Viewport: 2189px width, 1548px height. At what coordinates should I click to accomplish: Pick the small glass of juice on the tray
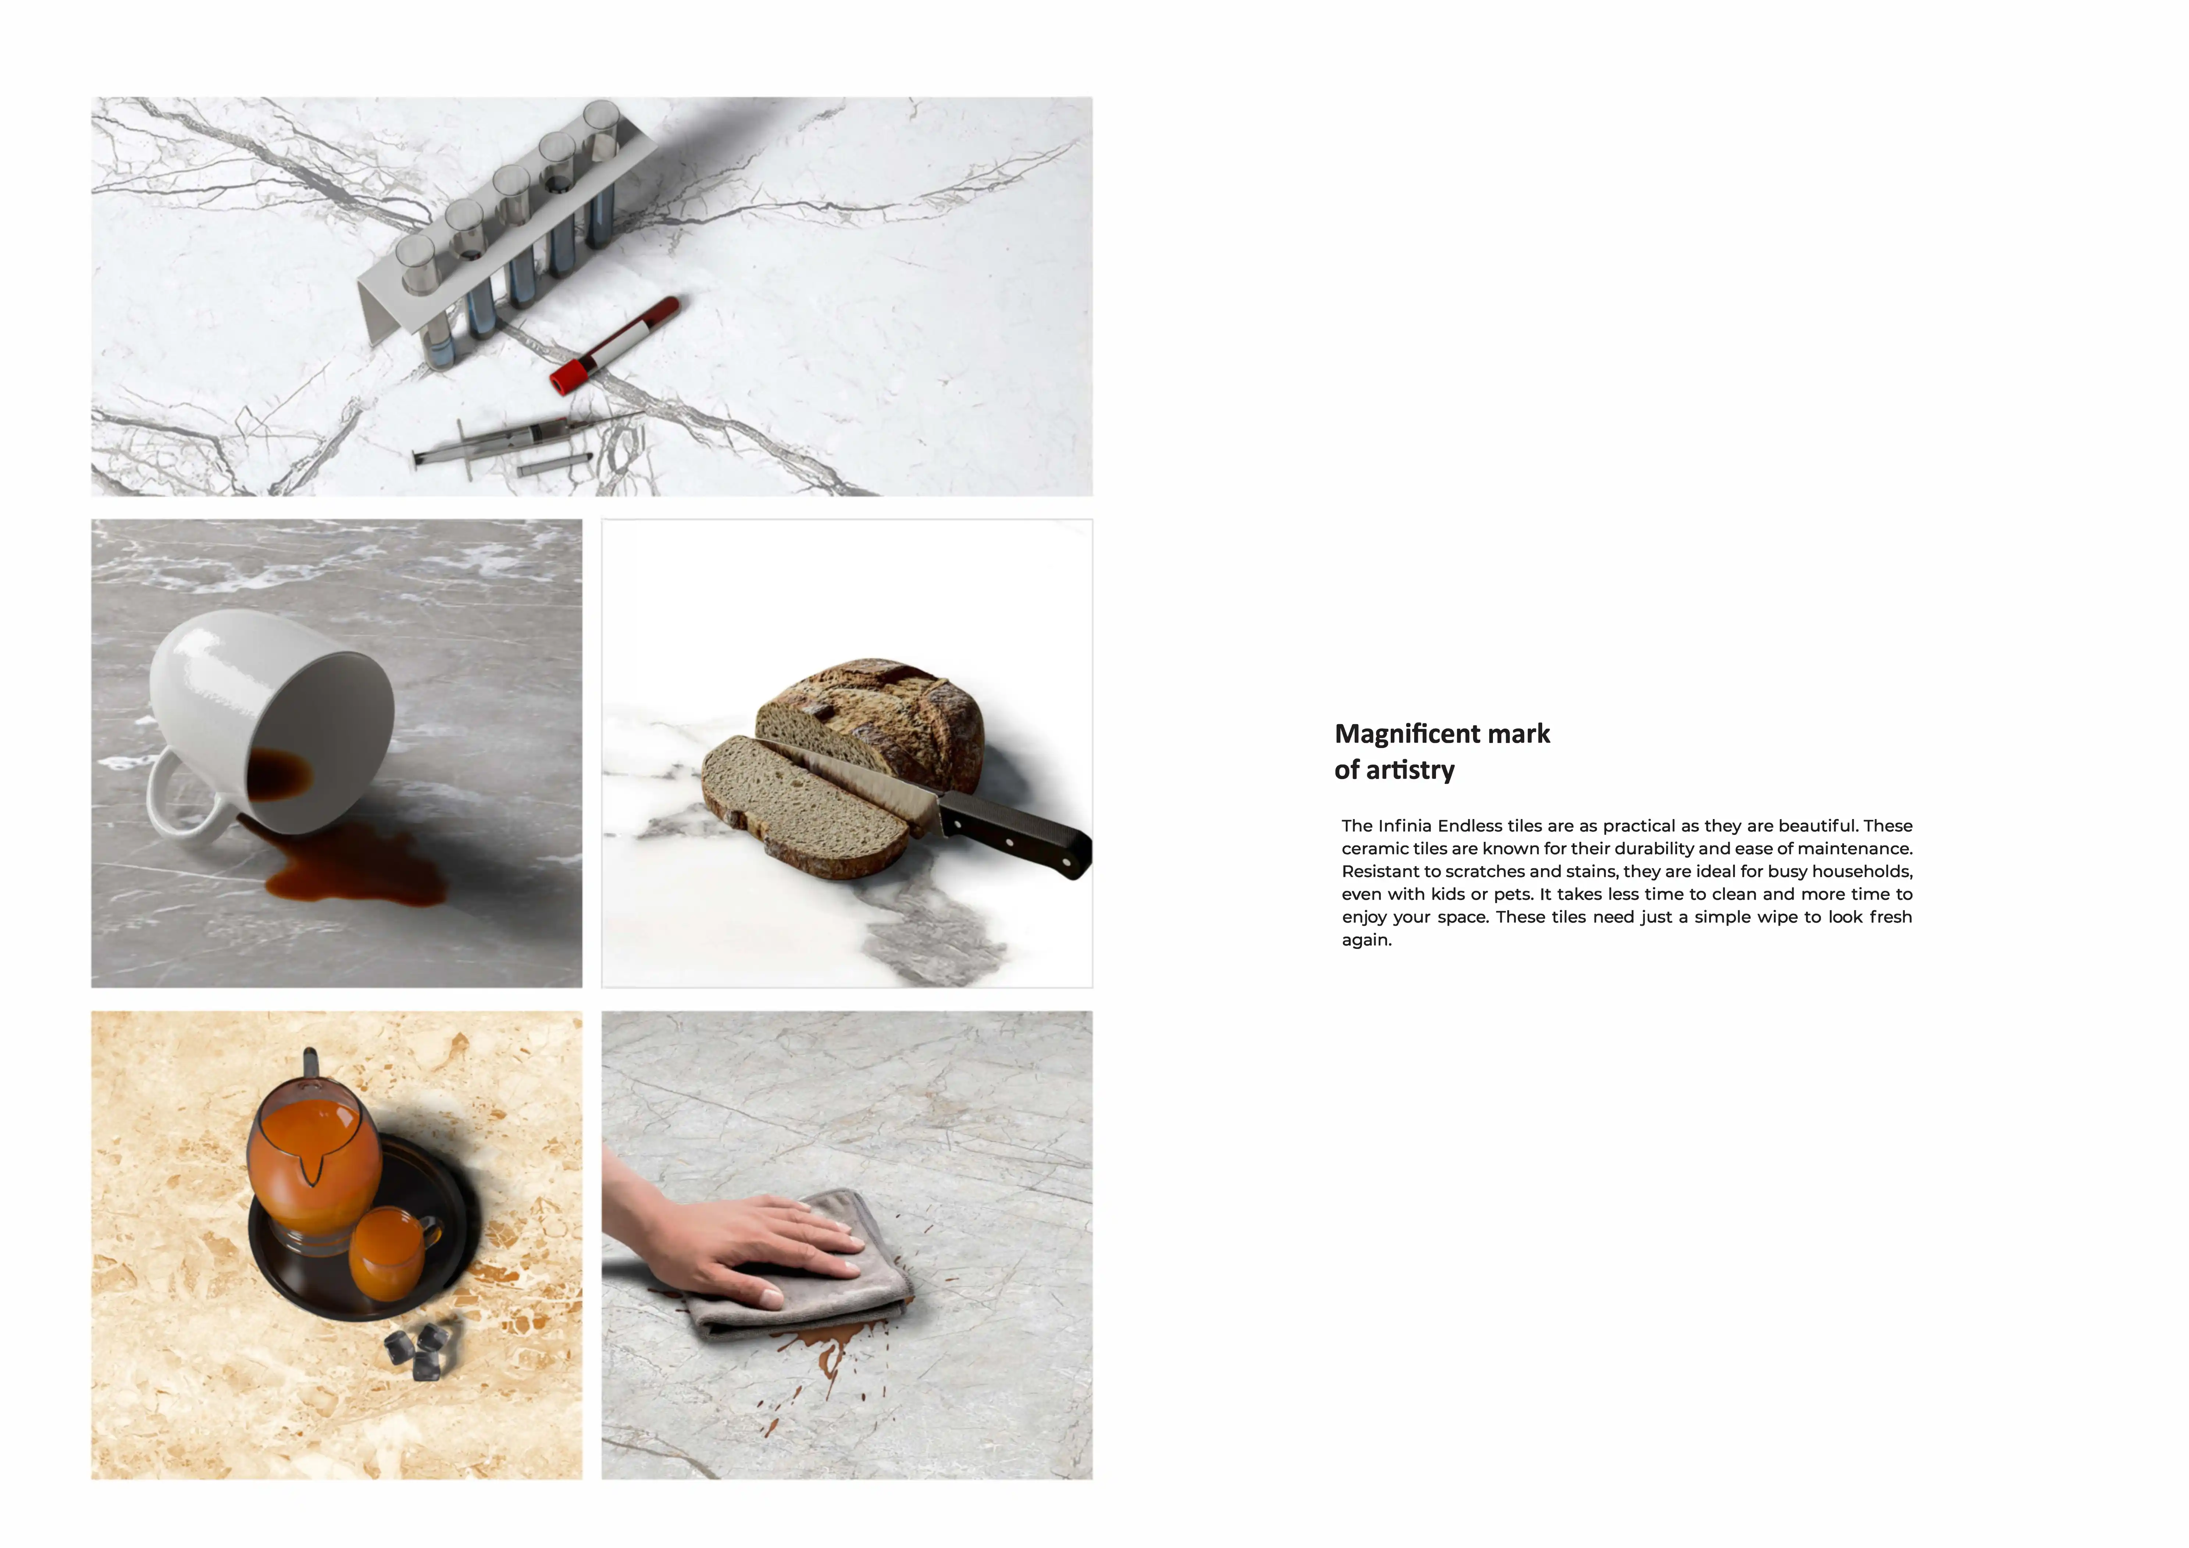click(391, 1252)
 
